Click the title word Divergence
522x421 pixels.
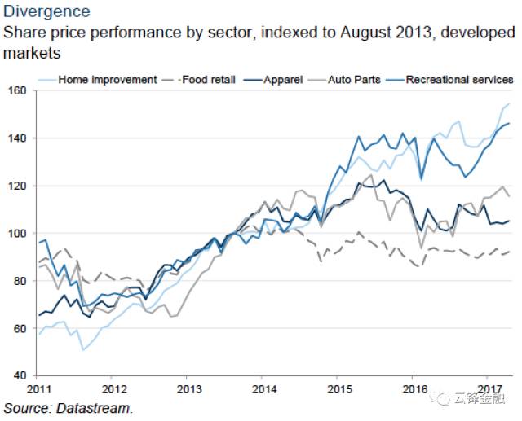[x=46, y=12]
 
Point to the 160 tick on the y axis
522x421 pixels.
[x=17, y=90]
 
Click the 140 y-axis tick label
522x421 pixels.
[x=17, y=138]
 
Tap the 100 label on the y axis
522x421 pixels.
[x=17, y=234]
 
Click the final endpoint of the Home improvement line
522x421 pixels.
[x=509, y=104]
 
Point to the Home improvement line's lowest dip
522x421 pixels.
[x=82, y=350]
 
